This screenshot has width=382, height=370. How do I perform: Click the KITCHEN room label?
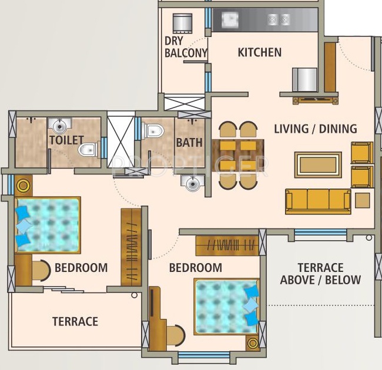point(259,52)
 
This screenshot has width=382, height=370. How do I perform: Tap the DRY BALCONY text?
point(186,47)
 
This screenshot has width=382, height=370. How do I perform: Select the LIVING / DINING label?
point(316,129)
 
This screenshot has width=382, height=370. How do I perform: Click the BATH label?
point(189,142)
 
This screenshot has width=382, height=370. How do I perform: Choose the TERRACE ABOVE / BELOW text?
point(320,274)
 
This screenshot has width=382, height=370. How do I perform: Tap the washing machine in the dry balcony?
point(183,23)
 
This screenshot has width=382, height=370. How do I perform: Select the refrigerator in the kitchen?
point(304,79)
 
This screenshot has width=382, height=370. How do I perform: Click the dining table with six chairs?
point(238,155)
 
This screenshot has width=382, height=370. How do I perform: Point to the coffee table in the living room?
point(318,164)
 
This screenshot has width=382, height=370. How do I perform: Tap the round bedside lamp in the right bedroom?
point(253,343)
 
